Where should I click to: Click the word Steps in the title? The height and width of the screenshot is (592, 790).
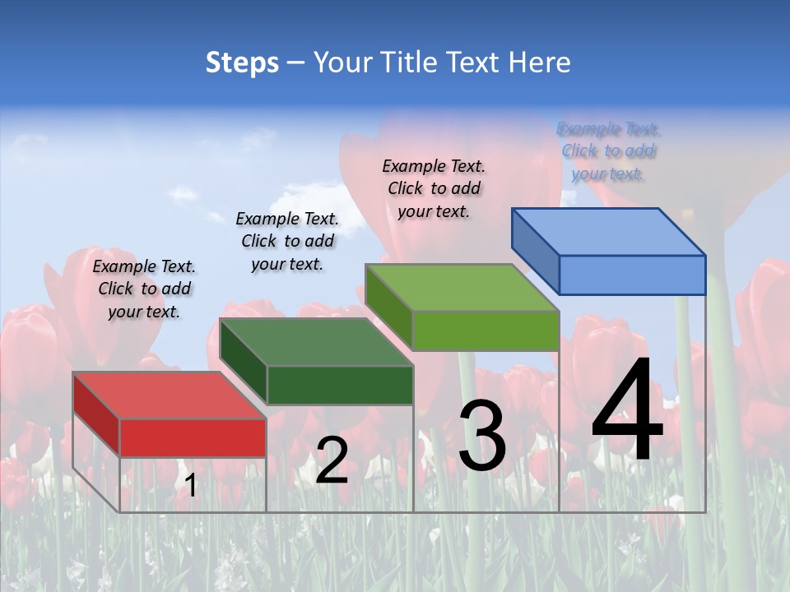[242, 62]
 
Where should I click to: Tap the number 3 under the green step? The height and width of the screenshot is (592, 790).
[482, 436]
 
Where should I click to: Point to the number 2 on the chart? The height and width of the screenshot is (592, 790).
[332, 460]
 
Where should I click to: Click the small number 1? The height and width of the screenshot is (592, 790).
[190, 486]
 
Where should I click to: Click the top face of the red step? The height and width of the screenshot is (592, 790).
[169, 395]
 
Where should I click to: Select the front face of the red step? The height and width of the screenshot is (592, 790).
[193, 437]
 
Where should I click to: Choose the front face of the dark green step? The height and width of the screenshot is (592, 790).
[340, 385]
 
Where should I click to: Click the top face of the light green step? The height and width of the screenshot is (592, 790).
[462, 288]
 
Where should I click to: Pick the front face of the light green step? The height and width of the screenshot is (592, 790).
[486, 331]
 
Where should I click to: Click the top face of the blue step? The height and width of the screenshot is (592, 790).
[608, 232]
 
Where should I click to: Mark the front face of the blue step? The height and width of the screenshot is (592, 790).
[632, 275]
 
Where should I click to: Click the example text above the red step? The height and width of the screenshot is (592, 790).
[144, 289]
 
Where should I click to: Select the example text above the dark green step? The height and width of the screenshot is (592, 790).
[287, 241]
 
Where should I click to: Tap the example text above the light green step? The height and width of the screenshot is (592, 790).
[434, 188]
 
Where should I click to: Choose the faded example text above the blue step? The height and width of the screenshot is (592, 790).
[608, 151]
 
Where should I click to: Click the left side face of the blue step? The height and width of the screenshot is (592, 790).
[536, 251]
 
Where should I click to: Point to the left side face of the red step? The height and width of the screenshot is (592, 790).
[96, 414]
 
